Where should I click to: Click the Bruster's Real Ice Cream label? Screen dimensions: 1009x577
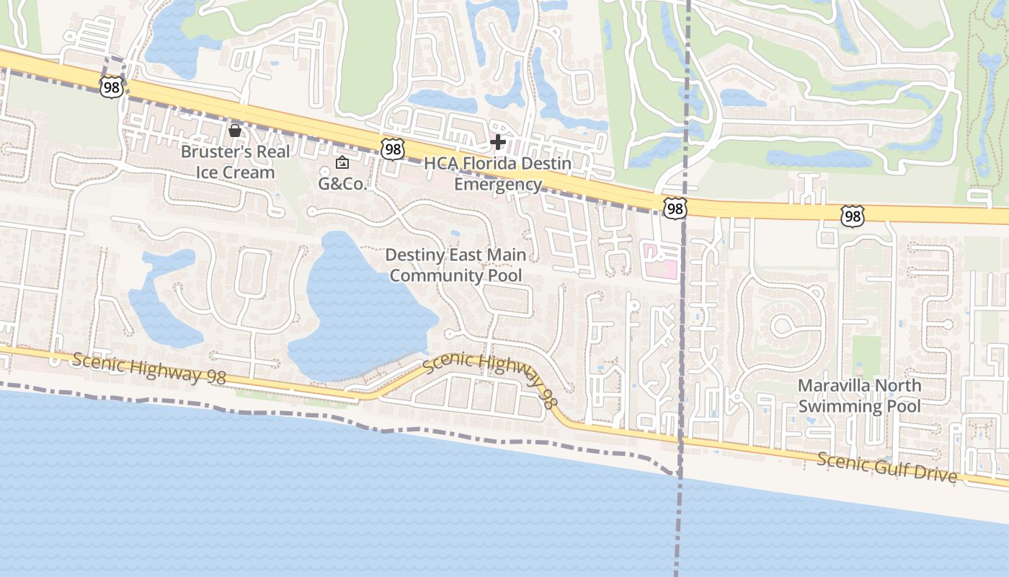click(x=235, y=162)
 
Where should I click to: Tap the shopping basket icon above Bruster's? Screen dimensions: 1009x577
click(x=234, y=131)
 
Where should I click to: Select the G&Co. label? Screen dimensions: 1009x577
click(x=343, y=183)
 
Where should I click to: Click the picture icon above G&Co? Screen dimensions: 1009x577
click(x=342, y=163)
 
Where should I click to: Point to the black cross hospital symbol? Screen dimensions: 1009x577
click(x=497, y=142)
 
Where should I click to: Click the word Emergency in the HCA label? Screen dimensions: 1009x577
click(x=498, y=184)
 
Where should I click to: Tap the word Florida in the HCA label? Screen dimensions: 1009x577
click(x=494, y=164)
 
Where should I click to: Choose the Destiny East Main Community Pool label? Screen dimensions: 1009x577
click(x=455, y=265)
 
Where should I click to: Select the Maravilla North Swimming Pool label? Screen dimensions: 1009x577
click(x=859, y=395)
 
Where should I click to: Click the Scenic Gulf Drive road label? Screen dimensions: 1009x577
click(x=886, y=467)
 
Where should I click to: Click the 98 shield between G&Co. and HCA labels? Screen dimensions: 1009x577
click(x=393, y=149)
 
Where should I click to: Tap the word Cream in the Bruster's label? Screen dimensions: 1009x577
click(x=249, y=172)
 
